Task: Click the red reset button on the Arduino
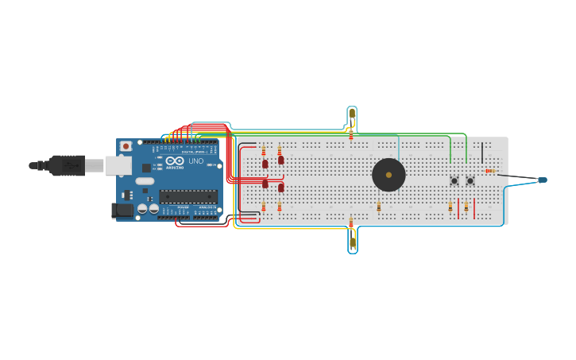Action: (x=126, y=146)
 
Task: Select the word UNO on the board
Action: (x=195, y=161)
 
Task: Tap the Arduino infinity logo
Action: (x=175, y=161)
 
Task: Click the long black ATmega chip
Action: (x=188, y=196)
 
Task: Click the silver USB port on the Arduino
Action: (x=118, y=165)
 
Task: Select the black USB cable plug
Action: (x=68, y=165)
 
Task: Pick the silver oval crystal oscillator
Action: (x=145, y=181)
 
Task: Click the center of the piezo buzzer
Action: (x=389, y=175)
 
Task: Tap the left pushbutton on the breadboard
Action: (x=454, y=180)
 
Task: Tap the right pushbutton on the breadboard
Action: (x=470, y=180)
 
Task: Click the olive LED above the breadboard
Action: (x=352, y=114)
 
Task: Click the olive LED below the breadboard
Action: (x=352, y=242)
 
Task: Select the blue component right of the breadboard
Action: (x=542, y=180)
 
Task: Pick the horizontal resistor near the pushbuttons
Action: (x=490, y=171)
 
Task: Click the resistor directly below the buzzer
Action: (x=379, y=207)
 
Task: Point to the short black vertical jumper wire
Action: (x=482, y=153)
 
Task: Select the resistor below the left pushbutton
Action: (x=450, y=207)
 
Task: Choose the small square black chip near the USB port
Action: (x=147, y=168)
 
